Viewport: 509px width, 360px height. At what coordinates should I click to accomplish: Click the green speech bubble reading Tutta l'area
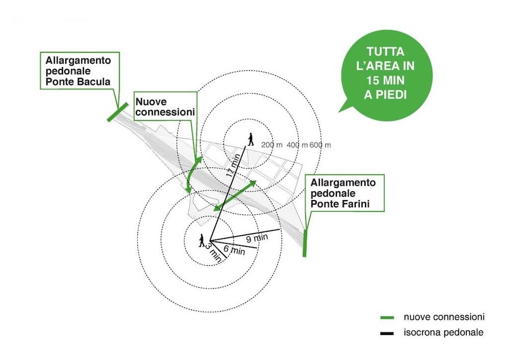click(x=386, y=75)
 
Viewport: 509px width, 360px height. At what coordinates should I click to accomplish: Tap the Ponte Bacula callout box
click(x=80, y=70)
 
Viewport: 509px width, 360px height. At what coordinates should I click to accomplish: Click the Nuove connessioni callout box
click(x=165, y=106)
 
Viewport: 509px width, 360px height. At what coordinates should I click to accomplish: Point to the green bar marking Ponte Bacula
click(x=118, y=112)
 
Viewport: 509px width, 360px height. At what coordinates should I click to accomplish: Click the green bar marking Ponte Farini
click(x=304, y=243)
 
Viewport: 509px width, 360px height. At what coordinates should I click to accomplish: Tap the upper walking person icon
click(x=250, y=139)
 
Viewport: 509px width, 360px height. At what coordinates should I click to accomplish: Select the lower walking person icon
click(x=202, y=240)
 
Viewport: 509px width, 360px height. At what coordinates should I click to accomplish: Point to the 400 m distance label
click(x=297, y=145)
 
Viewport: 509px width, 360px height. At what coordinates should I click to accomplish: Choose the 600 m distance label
click(x=320, y=145)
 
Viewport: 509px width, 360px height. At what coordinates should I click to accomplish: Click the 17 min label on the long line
click(x=234, y=165)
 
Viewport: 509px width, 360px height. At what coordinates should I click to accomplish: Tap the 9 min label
click(x=257, y=238)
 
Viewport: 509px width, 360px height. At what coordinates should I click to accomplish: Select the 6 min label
click(x=234, y=250)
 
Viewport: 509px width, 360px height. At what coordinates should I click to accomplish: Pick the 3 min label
click(x=213, y=252)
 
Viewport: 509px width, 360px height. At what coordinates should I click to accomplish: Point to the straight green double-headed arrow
click(x=235, y=196)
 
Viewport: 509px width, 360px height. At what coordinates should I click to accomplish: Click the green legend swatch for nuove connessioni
click(x=387, y=317)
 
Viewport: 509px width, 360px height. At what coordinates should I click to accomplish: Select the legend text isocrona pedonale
click(x=443, y=333)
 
